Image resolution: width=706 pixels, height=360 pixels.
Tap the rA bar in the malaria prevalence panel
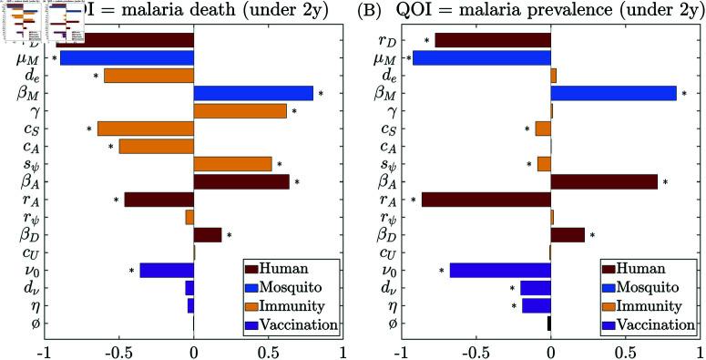coord(486,199)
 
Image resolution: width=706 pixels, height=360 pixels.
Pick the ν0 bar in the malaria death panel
coord(167,270)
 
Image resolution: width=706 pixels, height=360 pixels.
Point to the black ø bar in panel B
coord(548,324)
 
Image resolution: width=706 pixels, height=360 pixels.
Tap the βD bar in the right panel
coord(568,235)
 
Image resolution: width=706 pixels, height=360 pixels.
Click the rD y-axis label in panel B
coord(385,41)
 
